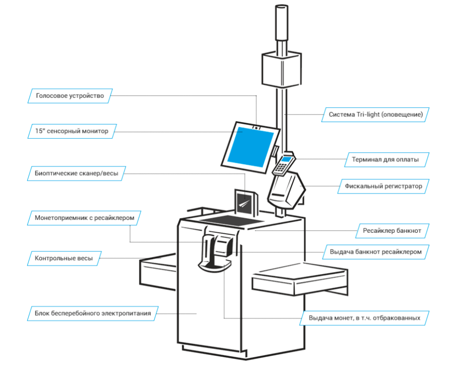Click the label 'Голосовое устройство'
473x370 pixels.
(x=70, y=96)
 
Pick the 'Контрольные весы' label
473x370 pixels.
(x=63, y=259)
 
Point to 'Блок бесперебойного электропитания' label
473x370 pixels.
(x=93, y=313)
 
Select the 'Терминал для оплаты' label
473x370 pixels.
(x=385, y=159)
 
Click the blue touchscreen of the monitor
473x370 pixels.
(x=250, y=147)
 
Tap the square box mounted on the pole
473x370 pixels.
(x=281, y=69)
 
